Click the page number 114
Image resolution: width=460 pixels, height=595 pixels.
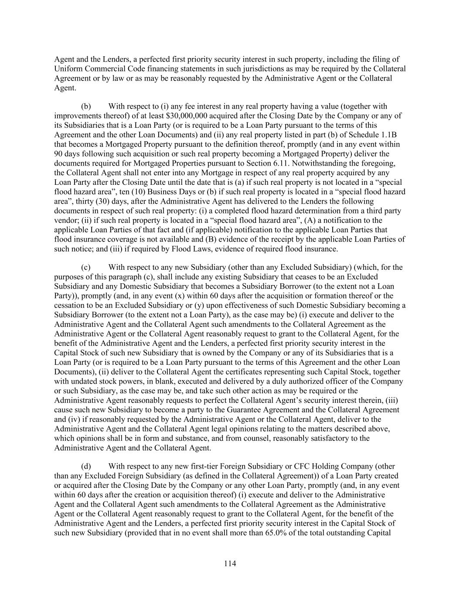tap(230, 564)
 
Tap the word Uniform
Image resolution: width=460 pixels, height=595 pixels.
tap(68, 69)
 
